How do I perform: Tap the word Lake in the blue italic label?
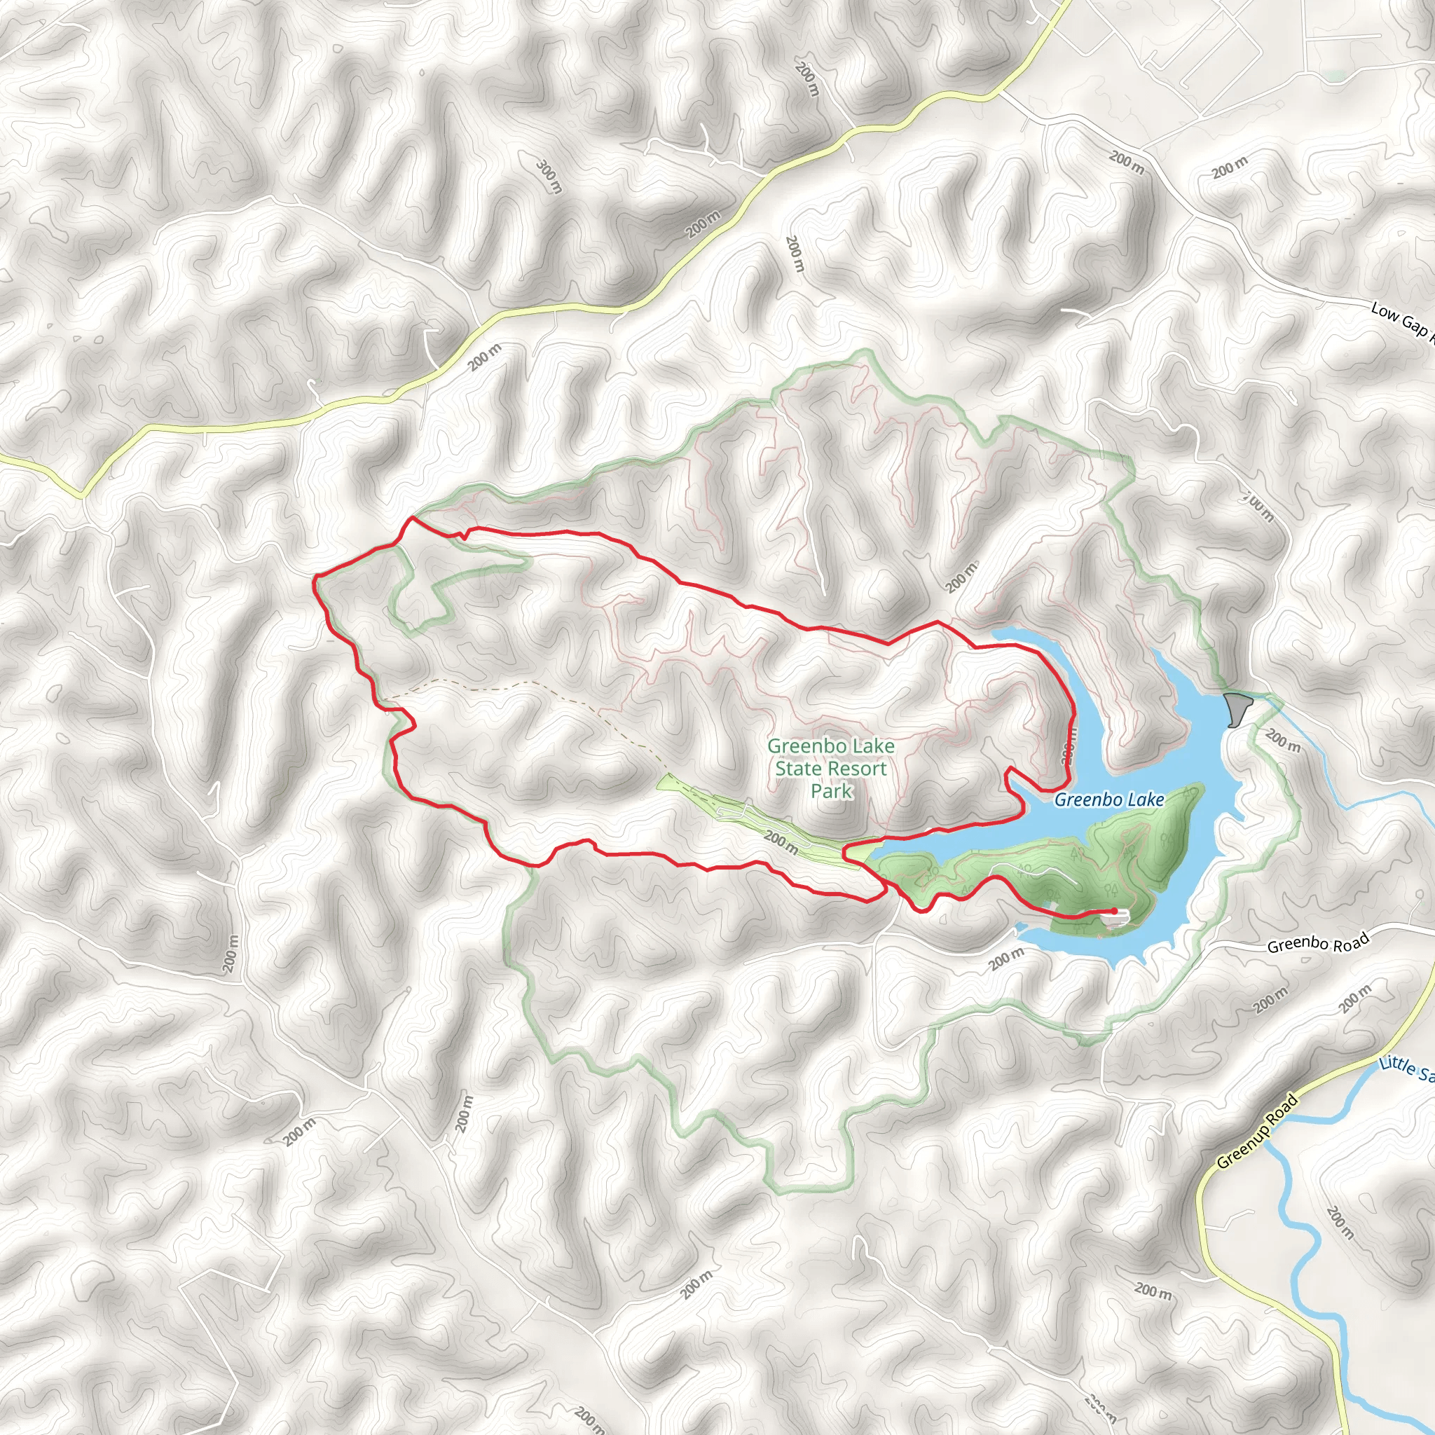click(x=1146, y=800)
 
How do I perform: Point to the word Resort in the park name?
click(x=859, y=769)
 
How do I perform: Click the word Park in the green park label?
click(x=831, y=791)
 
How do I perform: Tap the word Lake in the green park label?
click(x=875, y=746)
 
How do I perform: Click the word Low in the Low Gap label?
click(x=1385, y=310)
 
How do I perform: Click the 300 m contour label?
click(x=549, y=175)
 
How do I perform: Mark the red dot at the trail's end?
click(x=1114, y=911)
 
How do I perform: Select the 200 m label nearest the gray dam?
click(x=1283, y=741)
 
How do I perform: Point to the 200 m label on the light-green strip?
click(x=781, y=842)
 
